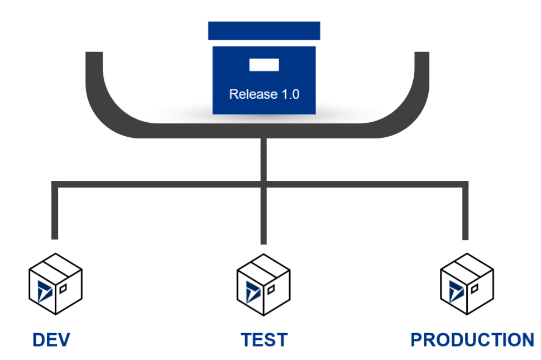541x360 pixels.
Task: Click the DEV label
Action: coord(51,339)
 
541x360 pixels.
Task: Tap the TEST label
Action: coord(264,339)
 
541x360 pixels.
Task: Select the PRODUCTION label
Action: coord(472,339)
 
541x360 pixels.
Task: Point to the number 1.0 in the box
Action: coord(289,94)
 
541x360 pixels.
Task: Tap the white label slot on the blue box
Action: coord(264,65)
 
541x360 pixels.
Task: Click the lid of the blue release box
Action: coord(264,31)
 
